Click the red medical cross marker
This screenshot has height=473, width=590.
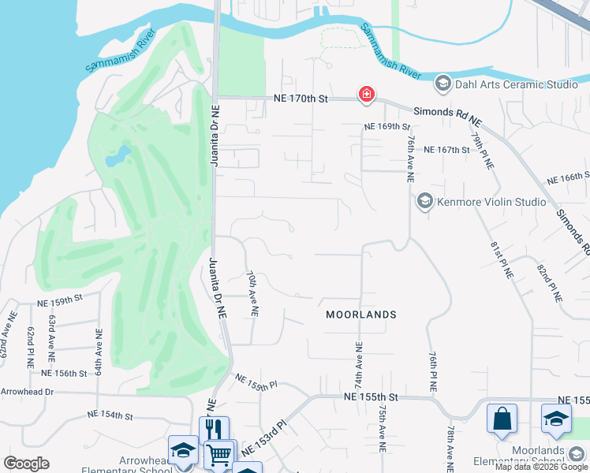pos(366,95)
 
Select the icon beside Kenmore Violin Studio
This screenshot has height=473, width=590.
pos(425,202)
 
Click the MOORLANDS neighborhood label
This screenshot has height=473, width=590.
pos(361,315)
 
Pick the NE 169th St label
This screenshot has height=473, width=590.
pos(387,126)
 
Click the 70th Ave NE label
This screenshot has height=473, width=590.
pos(252,294)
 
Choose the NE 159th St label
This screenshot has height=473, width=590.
pos(60,300)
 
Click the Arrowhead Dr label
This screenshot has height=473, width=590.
pos(27,391)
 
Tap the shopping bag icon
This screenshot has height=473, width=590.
pos(502,419)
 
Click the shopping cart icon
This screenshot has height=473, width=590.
pos(218,454)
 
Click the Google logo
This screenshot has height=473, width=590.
pos(26,464)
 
